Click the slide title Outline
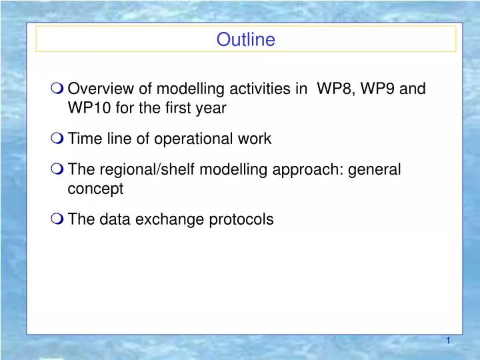[245, 40]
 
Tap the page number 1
[448, 341]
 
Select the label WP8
[334, 89]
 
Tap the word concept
[95, 189]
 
